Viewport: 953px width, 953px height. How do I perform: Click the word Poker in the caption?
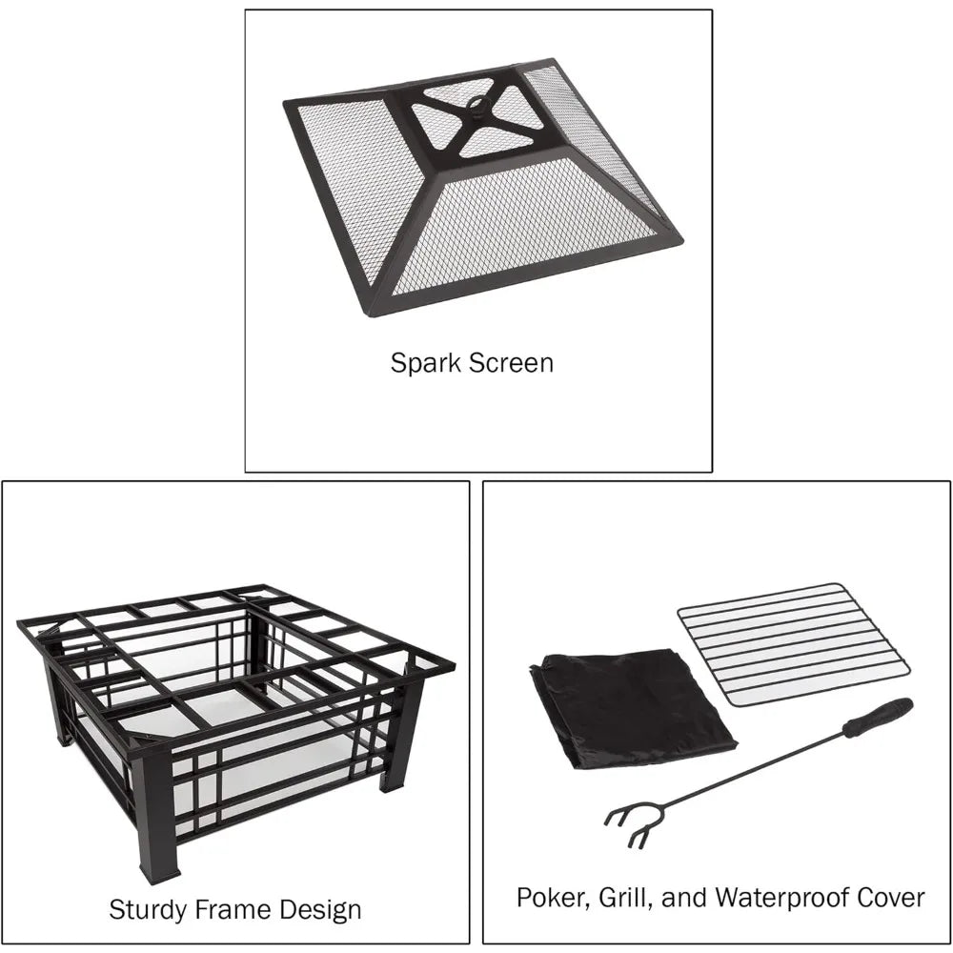(554, 898)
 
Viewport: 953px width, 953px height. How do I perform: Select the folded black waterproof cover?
(632, 708)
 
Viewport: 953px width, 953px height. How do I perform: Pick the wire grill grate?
(793, 645)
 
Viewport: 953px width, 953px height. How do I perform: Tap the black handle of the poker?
(879, 718)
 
